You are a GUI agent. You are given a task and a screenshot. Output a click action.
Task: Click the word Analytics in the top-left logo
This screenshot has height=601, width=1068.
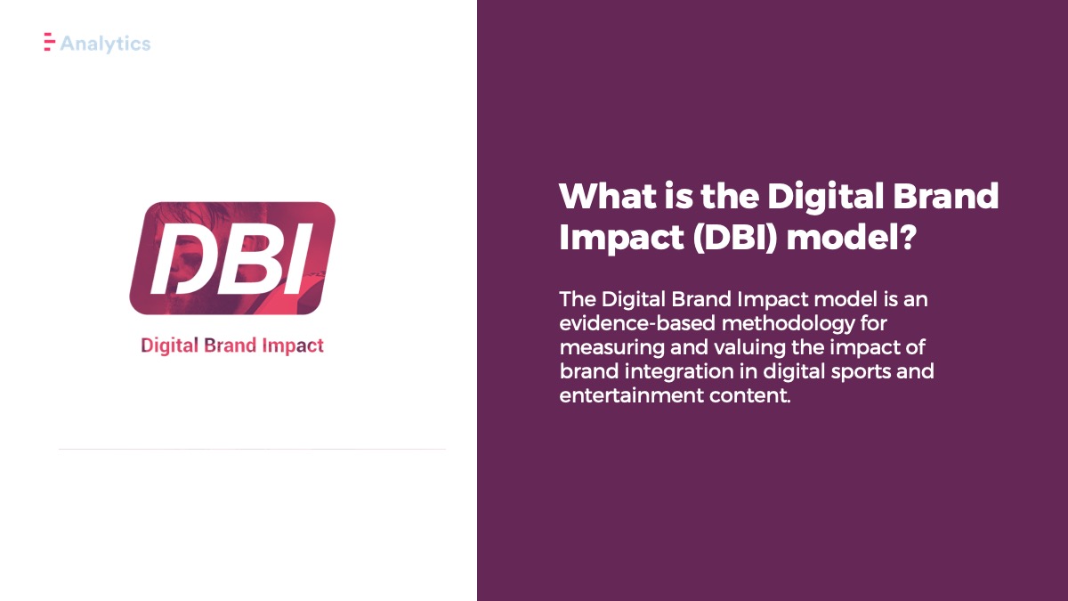105,44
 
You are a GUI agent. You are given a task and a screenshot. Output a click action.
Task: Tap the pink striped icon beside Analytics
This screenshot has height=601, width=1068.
50,42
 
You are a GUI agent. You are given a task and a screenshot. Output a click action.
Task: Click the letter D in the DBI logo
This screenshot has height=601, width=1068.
182,258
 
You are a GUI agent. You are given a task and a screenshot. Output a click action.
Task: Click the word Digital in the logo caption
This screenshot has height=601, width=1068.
169,345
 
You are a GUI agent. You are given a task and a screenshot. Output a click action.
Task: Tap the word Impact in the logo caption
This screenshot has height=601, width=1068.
293,345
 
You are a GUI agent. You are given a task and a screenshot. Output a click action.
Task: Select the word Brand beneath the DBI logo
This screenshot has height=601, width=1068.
231,345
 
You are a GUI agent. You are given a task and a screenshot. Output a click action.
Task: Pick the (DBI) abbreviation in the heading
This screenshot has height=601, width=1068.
735,237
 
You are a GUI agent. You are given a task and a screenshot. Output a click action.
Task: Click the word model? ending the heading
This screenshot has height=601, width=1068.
852,236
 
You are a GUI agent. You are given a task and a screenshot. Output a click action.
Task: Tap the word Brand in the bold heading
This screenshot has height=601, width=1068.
946,196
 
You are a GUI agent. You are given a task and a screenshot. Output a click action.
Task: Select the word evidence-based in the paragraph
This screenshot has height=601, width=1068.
637,323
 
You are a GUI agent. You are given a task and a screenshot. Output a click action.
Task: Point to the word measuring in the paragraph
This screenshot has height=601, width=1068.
611,348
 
